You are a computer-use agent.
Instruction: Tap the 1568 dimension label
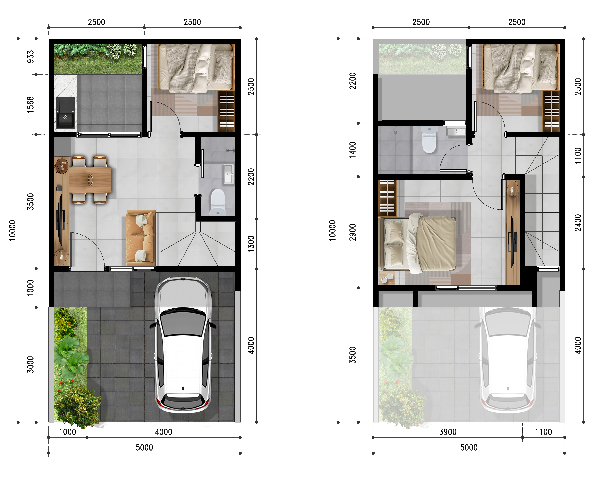pyautogui.click(x=30, y=104)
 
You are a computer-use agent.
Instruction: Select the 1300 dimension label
pyautogui.click(x=251, y=244)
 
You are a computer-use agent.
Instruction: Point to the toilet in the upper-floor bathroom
pyautogui.click(x=429, y=140)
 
